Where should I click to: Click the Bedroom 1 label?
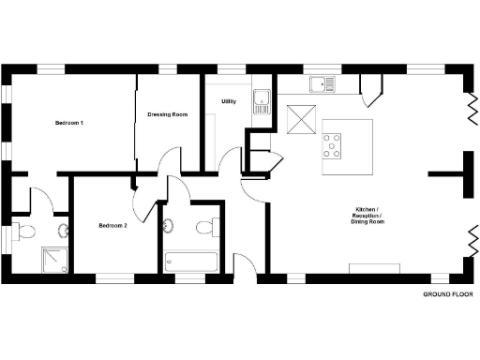(69, 123)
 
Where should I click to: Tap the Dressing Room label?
(168, 114)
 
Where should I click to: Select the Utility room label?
(228, 100)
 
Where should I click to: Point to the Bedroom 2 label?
(112, 225)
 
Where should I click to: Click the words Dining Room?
(367, 221)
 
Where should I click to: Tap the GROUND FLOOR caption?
(447, 293)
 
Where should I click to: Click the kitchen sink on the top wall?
(323, 84)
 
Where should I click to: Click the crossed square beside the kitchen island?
(302, 119)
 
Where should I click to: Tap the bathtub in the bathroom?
(191, 262)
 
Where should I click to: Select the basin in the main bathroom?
(169, 226)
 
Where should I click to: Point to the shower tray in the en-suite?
(53, 259)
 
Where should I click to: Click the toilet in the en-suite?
(25, 232)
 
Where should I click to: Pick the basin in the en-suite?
(64, 231)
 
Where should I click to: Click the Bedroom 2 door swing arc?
(141, 200)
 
